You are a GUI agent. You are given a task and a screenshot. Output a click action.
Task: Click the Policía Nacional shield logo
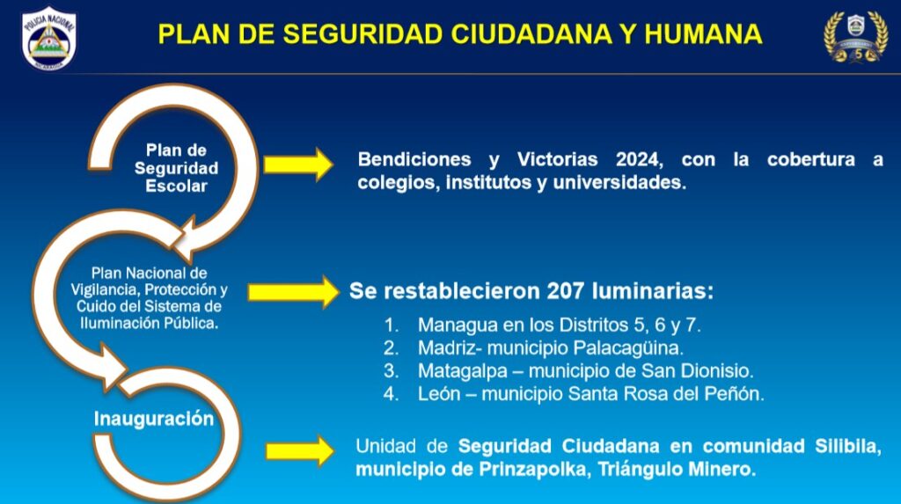click(49, 38)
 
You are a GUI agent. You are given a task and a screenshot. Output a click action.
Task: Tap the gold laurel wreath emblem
click(855, 36)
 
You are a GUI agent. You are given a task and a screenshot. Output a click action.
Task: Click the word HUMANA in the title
click(703, 34)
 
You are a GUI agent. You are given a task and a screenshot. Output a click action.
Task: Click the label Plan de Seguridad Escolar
click(176, 168)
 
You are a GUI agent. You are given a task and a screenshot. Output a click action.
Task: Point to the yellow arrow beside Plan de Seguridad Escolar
click(298, 164)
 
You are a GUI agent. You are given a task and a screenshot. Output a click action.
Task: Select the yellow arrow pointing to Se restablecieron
click(294, 292)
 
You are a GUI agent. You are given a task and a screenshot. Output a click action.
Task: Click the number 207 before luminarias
click(565, 291)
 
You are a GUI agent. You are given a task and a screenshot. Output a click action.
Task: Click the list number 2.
click(391, 347)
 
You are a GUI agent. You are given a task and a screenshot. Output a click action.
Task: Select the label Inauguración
click(153, 419)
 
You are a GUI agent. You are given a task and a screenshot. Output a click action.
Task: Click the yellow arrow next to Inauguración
click(300, 450)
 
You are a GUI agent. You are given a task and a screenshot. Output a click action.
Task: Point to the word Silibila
click(847, 446)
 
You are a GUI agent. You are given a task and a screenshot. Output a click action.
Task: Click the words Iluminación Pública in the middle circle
click(149, 323)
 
